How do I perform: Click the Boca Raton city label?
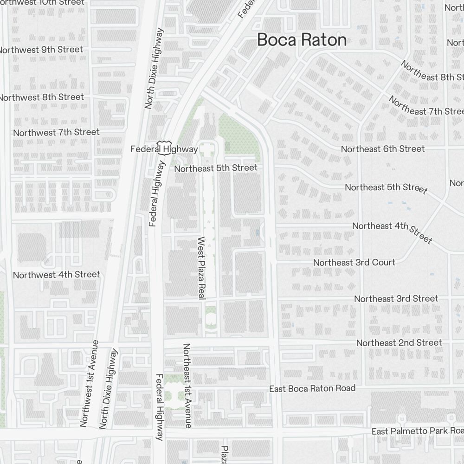tap(302, 40)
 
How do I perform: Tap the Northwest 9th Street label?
tap(41, 50)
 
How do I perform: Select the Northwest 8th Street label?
tap(42, 97)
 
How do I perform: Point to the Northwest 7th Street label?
tap(56, 133)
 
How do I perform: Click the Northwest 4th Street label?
tap(56, 275)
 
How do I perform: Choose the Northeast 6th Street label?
tap(382, 149)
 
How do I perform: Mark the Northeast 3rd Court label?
tap(354, 263)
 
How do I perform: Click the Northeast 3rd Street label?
tap(396, 299)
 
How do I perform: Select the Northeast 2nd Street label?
tap(399, 343)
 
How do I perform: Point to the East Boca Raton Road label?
tap(312, 388)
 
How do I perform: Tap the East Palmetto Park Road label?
tap(417, 432)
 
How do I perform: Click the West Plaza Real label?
tap(201, 268)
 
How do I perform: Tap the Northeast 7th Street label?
tap(425, 106)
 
